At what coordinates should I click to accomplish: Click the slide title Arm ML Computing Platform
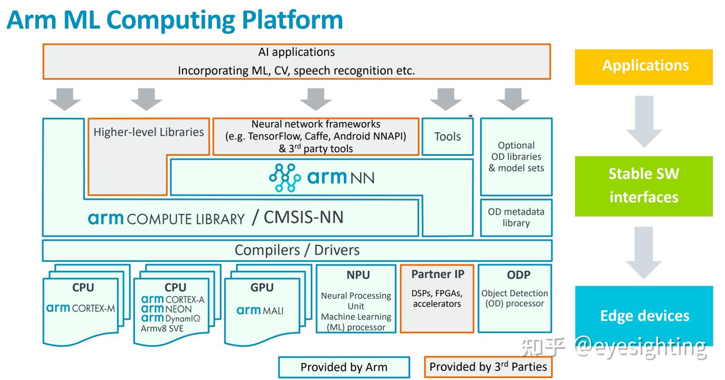point(175,20)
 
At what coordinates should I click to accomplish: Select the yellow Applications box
point(643,67)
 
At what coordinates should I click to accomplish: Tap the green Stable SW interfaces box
point(643,186)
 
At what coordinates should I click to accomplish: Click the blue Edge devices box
point(644,315)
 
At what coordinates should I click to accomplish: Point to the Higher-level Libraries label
point(149,132)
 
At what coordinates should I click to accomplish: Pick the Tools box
point(447,137)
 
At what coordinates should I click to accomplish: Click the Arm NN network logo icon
point(285,177)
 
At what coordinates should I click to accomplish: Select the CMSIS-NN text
point(304,217)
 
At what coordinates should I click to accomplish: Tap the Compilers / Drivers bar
point(297,250)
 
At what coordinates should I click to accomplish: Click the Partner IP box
point(437,298)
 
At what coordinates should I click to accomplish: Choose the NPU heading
point(358,275)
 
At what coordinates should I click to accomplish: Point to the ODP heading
point(518,275)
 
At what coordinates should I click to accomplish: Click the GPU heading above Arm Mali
point(262,287)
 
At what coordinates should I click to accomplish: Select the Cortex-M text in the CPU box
point(94,308)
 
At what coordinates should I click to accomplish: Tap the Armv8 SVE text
point(162,329)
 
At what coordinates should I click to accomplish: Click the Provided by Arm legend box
point(344,367)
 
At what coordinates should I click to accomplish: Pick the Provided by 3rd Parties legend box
point(488,367)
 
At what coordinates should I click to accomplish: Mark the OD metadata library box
point(516,218)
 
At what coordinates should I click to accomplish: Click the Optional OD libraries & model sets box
point(516,157)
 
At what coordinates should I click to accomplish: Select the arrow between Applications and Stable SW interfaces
point(643,121)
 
